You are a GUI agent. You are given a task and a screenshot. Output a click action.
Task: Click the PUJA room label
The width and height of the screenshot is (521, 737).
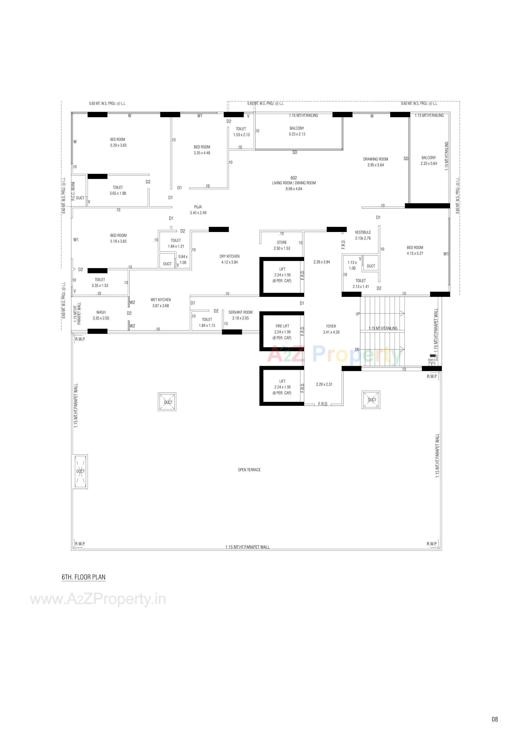click(198, 207)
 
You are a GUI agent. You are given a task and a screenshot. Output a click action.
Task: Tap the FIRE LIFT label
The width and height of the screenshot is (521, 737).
click(282, 326)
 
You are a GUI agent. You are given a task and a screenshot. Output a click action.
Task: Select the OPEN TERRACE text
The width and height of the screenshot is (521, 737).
click(249, 470)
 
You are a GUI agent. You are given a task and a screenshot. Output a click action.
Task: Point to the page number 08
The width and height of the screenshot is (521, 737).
click(494, 719)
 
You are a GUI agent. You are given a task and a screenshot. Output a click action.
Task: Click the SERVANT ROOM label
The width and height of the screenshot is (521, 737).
click(240, 312)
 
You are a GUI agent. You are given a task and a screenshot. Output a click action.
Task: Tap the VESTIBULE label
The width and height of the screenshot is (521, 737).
click(363, 232)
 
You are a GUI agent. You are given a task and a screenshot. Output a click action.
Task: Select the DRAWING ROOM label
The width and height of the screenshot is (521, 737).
click(376, 159)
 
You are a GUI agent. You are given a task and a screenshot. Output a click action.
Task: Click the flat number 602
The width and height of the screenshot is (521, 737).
click(293, 178)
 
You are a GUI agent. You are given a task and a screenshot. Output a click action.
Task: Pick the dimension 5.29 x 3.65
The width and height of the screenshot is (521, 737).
click(119, 145)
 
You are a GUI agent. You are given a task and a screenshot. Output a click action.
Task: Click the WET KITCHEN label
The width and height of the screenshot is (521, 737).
click(160, 300)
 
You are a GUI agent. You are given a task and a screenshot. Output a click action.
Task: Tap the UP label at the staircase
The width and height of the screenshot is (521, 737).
click(358, 314)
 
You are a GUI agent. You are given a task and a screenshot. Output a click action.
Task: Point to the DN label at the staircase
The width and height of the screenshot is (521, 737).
click(357, 349)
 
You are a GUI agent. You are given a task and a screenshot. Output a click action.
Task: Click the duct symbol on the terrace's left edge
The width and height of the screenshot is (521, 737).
click(81, 471)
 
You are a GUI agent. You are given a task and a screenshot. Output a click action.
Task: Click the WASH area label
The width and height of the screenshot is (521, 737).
click(101, 312)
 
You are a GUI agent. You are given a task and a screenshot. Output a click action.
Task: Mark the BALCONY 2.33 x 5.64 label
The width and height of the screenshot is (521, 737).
click(428, 160)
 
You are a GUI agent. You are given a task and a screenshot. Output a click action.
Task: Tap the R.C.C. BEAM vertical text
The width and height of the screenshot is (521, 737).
click(73, 191)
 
